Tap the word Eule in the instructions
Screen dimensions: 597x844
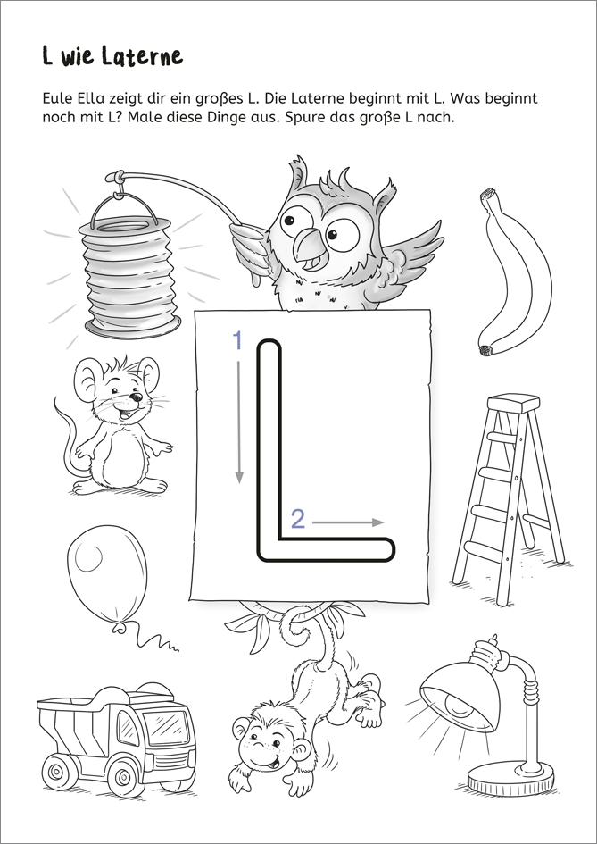54,99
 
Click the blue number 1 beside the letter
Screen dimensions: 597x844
237,341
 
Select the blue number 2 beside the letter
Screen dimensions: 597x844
298,520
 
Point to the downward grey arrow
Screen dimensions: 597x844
239,422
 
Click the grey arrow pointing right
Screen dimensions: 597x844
348,522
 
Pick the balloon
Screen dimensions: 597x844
108,573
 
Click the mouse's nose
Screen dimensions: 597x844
137,397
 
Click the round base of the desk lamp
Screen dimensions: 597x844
510,778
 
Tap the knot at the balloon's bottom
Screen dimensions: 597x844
119,626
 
